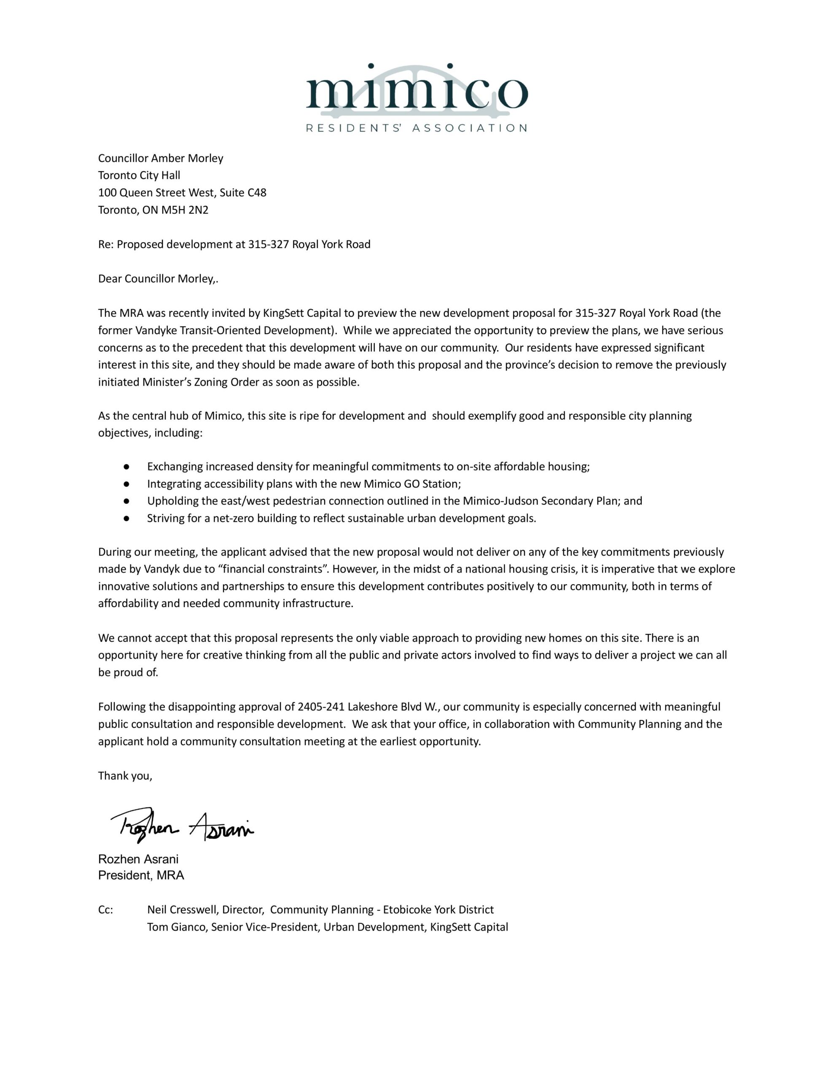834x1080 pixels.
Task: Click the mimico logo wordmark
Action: pyautogui.click(x=416, y=92)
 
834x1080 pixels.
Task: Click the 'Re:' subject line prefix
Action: pyautogui.click(x=106, y=244)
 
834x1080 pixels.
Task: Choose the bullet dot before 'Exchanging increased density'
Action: pyautogui.click(x=126, y=466)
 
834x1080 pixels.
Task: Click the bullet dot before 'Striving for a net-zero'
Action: pyautogui.click(x=126, y=518)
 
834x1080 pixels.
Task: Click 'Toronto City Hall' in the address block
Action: pyautogui.click(x=139, y=175)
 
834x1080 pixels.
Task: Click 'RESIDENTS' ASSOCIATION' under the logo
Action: pyautogui.click(x=416, y=128)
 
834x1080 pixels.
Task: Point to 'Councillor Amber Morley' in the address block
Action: pyautogui.click(x=161, y=158)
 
